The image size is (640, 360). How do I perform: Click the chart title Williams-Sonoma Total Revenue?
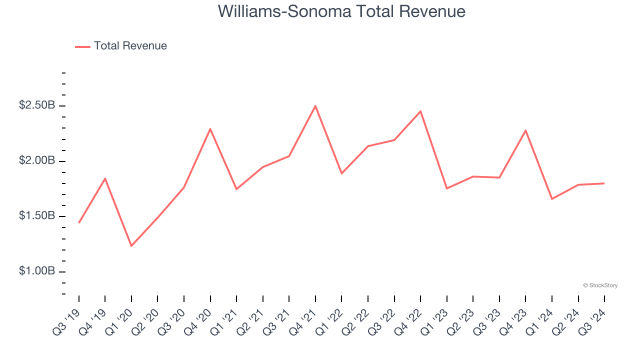click(341, 11)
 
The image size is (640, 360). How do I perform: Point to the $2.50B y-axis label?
click(37, 105)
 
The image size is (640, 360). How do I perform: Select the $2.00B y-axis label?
click(37, 161)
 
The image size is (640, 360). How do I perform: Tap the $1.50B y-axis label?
click(37, 216)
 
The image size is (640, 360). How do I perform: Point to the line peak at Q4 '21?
click(315, 106)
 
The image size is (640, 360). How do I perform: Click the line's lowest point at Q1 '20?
click(131, 246)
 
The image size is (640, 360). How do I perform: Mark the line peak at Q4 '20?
click(210, 129)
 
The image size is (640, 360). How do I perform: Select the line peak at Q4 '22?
click(420, 111)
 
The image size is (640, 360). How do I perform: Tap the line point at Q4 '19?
click(105, 178)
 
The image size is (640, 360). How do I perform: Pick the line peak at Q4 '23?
click(525, 130)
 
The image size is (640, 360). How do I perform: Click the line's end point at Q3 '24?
click(604, 183)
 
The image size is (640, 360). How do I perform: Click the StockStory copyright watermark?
click(600, 285)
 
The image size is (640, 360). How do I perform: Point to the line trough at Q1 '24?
click(552, 199)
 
